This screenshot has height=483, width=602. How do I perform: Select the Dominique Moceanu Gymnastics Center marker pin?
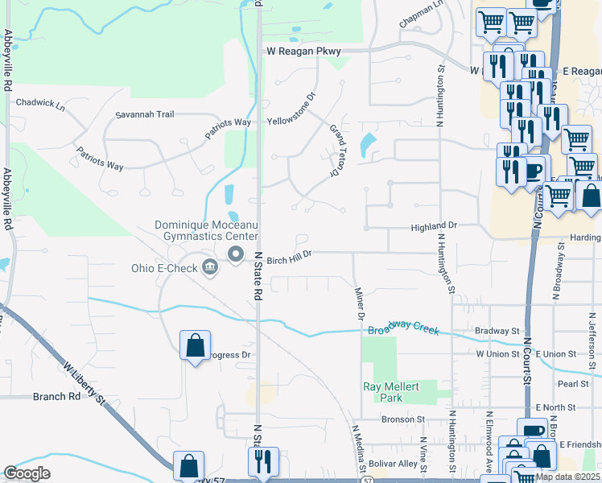(x=236, y=255)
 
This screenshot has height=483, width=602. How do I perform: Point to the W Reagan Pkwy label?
(x=304, y=52)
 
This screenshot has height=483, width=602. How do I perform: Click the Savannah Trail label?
(x=145, y=114)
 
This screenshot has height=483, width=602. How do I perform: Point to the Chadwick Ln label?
(x=40, y=102)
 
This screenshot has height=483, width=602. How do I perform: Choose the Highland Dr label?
(x=434, y=227)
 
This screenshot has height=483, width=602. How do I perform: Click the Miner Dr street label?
(x=360, y=303)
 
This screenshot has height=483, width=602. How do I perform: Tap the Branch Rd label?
(x=57, y=396)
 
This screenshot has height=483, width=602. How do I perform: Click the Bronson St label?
(x=403, y=419)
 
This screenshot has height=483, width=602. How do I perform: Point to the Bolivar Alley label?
(x=394, y=464)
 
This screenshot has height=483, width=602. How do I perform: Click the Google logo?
(x=27, y=473)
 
